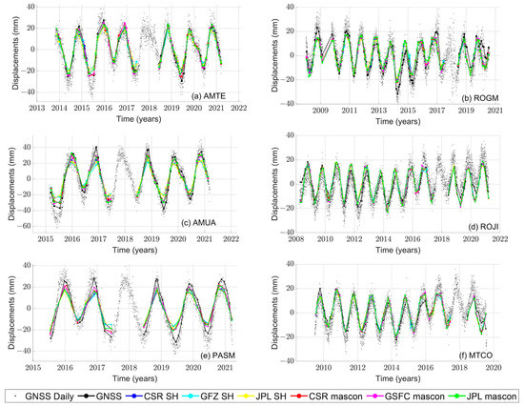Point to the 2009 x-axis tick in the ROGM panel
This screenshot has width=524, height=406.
pyautogui.click(x=320, y=111)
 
